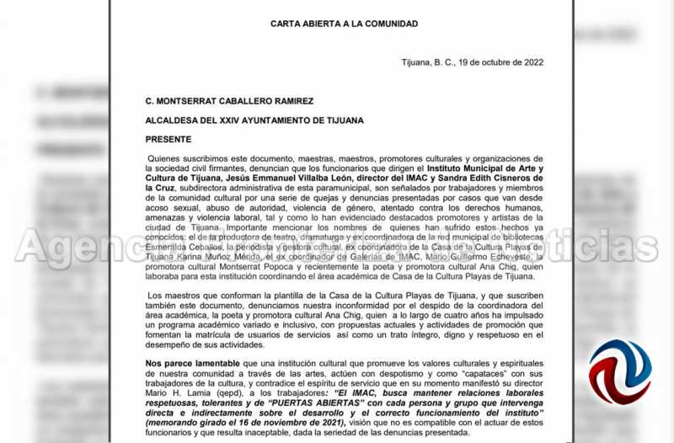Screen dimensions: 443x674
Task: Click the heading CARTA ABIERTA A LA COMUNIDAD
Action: click(x=344, y=24)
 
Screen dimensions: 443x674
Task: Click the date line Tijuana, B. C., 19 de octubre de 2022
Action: click(x=471, y=62)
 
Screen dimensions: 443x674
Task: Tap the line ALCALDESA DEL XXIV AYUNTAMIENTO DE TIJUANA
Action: click(x=254, y=120)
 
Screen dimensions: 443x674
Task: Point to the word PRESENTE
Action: click(x=168, y=139)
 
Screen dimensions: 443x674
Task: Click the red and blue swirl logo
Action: click(x=618, y=371)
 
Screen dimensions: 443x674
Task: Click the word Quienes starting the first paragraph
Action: click(x=165, y=158)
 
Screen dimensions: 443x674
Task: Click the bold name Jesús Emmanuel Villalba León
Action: click(x=252, y=178)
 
